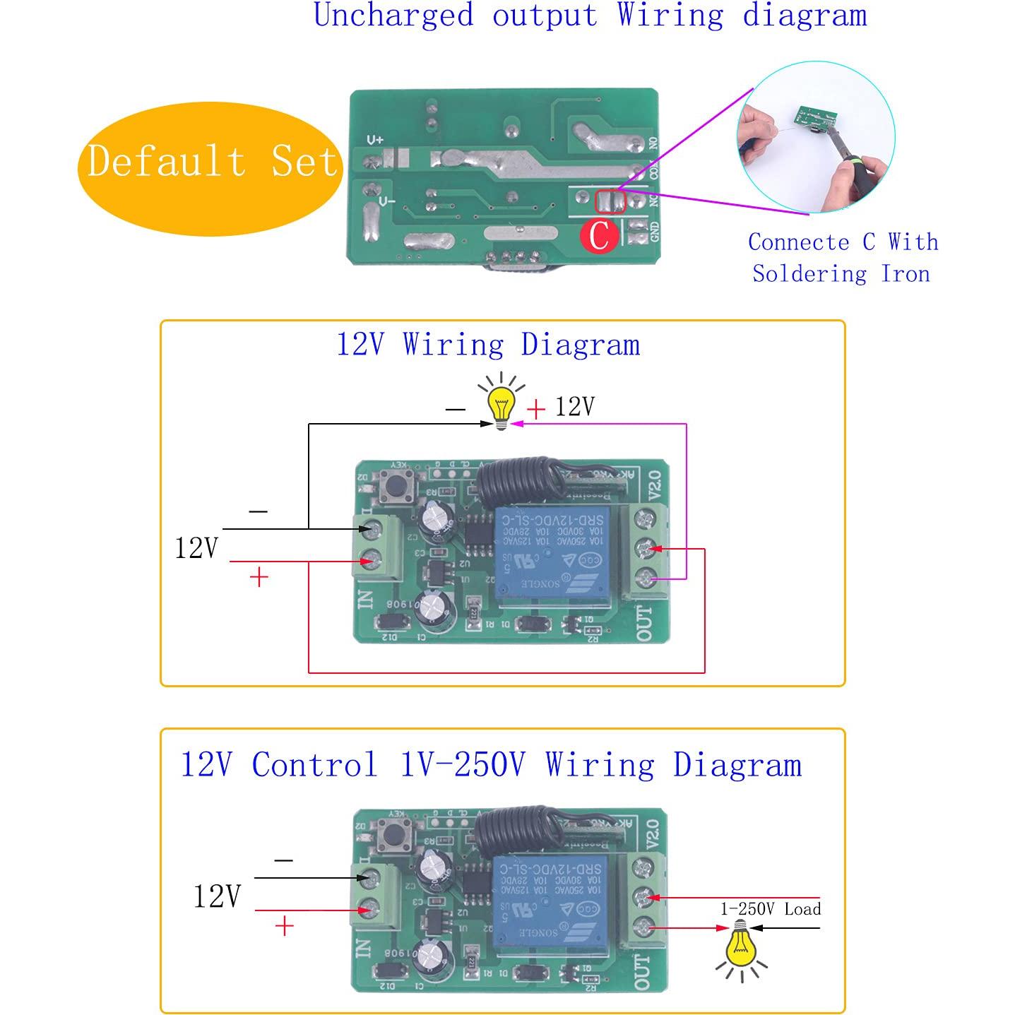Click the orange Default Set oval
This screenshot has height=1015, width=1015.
(x=210, y=161)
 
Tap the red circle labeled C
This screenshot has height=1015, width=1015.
(x=599, y=235)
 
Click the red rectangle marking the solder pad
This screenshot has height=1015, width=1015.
(x=610, y=202)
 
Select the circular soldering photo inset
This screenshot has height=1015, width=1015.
(x=816, y=137)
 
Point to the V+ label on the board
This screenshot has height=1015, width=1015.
(x=374, y=141)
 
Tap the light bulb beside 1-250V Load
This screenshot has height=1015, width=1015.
(x=740, y=941)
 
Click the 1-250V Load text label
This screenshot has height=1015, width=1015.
(x=770, y=909)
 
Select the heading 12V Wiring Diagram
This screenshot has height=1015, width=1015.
(x=488, y=345)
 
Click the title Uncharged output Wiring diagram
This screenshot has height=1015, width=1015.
(x=590, y=16)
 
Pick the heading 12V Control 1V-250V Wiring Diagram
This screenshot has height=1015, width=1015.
(x=492, y=765)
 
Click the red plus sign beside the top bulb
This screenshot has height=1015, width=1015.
(x=536, y=409)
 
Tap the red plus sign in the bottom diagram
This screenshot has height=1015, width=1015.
(x=284, y=926)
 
